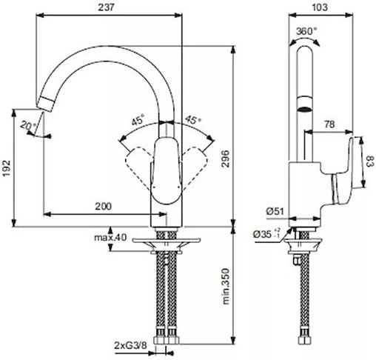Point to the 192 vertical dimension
click(7, 167)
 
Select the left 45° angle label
click(137, 119)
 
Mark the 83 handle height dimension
click(369, 161)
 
